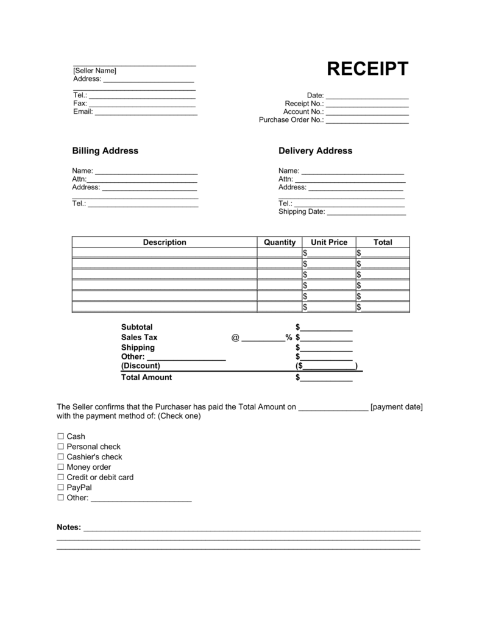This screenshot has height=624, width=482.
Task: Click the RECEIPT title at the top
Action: tap(367, 69)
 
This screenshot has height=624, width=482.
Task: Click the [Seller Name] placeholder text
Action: tap(94, 71)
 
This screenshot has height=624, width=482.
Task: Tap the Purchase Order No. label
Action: tap(291, 120)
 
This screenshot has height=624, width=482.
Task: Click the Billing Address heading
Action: tap(105, 151)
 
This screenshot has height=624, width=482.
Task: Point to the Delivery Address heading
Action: tap(315, 151)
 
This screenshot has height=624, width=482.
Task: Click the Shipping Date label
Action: tap(302, 212)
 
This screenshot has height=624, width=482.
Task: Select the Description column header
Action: tap(165, 242)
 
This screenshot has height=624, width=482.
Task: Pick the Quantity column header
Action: tap(280, 242)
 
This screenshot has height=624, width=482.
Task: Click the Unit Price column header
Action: tap(329, 242)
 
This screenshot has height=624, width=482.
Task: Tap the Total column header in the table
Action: tap(383, 242)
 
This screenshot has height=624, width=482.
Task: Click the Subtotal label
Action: tap(137, 327)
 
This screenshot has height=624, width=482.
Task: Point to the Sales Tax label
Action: tap(139, 337)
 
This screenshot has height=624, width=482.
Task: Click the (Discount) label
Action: tap(140, 366)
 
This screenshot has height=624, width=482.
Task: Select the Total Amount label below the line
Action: tap(146, 377)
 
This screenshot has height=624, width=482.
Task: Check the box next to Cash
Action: tap(60, 437)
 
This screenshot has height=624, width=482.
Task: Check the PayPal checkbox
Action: tap(60, 487)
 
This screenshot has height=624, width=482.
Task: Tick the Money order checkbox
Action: tap(60, 467)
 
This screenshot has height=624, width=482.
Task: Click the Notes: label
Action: tap(69, 527)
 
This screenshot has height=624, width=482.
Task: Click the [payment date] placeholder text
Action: tap(396, 406)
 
